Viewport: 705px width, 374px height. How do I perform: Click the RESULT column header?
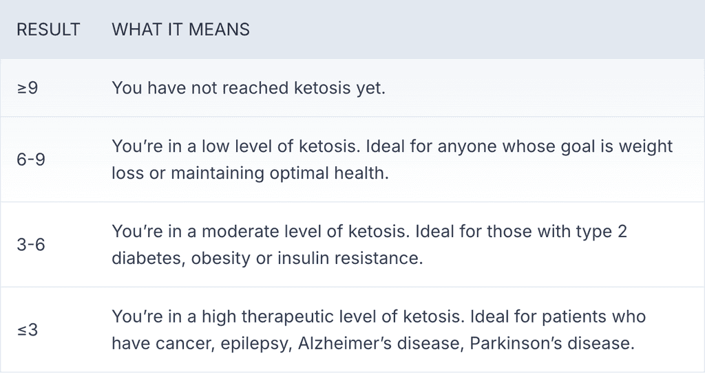click(x=48, y=30)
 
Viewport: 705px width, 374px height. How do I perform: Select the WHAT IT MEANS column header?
click(x=180, y=30)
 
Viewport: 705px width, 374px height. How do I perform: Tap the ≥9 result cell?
click(x=28, y=89)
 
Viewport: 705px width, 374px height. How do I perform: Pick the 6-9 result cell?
click(x=31, y=159)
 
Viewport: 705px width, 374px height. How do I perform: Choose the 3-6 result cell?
click(x=31, y=245)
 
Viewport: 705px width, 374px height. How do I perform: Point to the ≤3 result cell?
click(x=28, y=330)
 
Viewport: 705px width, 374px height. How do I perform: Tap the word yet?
click(x=370, y=89)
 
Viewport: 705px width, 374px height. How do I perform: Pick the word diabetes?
click(x=147, y=258)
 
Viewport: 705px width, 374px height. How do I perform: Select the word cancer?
click(x=187, y=344)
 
